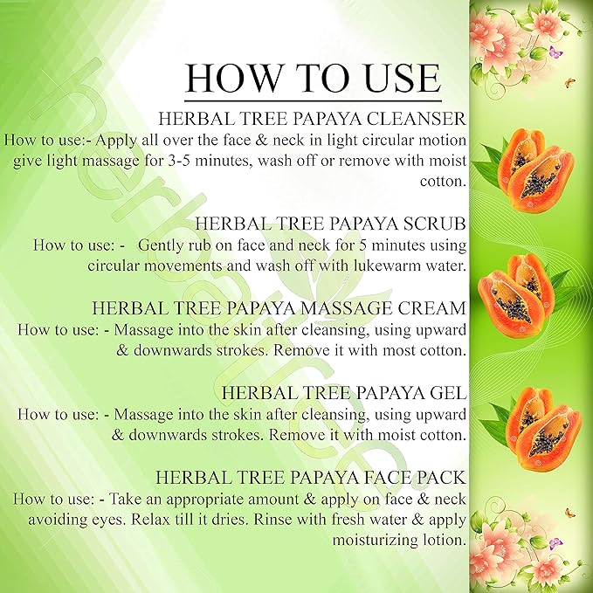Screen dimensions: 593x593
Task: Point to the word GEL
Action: (447, 392)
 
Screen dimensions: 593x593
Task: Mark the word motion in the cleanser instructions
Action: (436, 140)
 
